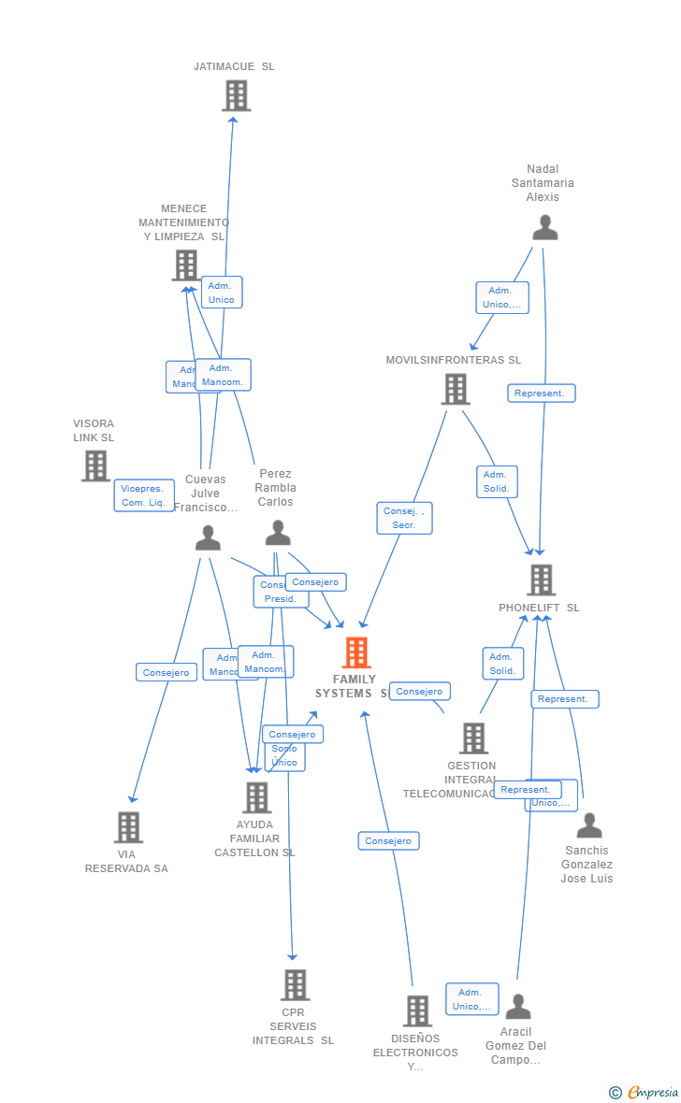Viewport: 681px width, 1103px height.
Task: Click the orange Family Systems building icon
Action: click(356, 652)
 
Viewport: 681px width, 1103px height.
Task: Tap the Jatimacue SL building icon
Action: click(236, 95)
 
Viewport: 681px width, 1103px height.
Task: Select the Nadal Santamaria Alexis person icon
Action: click(544, 227)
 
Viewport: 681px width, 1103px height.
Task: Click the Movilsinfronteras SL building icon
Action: click(456, 389)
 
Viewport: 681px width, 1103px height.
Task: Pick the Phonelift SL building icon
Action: click(541, 580)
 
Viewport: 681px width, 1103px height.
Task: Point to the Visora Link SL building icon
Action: click(95, 466)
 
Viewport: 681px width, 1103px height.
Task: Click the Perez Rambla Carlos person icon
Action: click(278, 533)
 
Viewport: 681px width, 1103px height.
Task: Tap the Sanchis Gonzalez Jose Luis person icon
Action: click(589, 825)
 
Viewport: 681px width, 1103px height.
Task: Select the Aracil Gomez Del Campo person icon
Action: click(518, 1007)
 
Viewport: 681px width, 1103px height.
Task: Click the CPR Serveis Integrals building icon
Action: click(295, 984)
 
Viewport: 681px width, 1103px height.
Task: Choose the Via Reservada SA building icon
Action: click(128, 827)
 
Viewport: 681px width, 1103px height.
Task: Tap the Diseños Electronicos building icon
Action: click(417, 1010)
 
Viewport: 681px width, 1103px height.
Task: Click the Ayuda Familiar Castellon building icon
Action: click(256, 797)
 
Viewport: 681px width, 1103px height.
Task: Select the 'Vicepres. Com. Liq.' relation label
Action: click(144, 495)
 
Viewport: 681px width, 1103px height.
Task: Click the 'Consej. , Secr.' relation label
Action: click(404, 518)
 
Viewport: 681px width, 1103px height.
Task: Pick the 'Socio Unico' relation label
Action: click(284, 755)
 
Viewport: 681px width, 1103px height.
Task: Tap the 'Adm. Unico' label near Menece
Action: click(222, 293)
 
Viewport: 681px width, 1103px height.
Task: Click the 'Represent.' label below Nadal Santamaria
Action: click(541, 394)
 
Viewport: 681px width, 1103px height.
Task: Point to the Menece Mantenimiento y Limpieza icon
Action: click(186, 265)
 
